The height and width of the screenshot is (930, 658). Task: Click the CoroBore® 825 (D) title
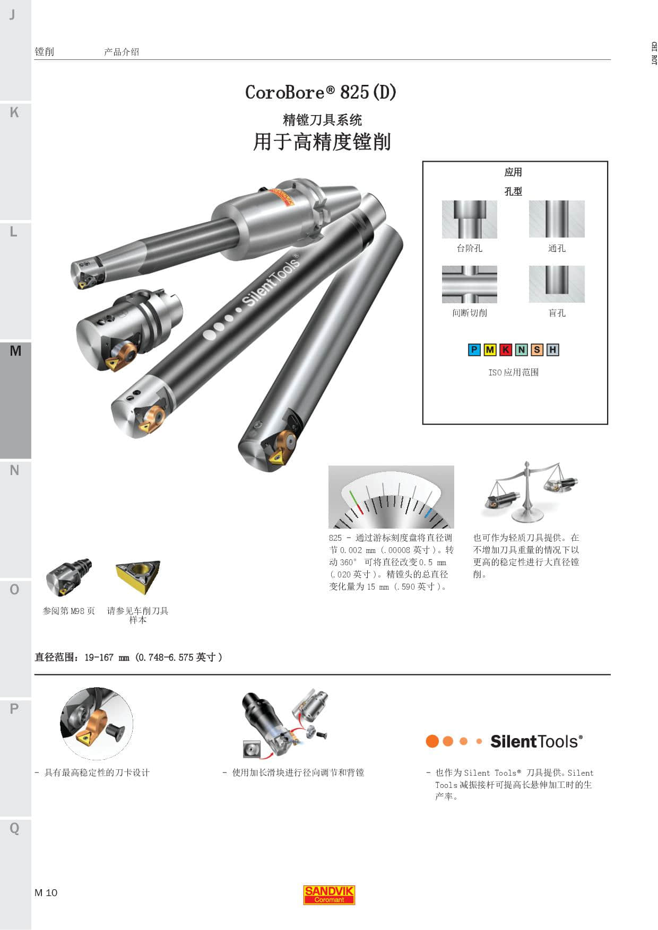(x=321, y=92)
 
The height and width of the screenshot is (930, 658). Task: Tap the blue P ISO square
(x=474, y=349)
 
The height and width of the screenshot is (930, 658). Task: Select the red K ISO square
(x=506, y=349)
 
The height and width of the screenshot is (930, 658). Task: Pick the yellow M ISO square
(x=490, y=349)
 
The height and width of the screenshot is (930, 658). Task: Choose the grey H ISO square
(x=553, y=349)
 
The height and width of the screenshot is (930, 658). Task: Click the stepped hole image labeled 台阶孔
(x=470, y=219)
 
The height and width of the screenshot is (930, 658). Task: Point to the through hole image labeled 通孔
(x=557, y=219)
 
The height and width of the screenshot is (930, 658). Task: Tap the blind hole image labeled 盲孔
(x=557, y=284)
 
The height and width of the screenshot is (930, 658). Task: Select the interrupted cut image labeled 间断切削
(x=470, y=284)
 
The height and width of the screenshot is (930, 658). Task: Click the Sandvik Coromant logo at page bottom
(x=329, y=895)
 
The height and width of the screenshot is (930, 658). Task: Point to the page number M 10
(x=46, y=892)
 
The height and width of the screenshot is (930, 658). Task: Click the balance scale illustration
(x=529, y=492)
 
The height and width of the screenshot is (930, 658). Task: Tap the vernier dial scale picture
(x=391, y=497)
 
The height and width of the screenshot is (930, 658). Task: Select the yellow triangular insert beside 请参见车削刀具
(x=138, y=577)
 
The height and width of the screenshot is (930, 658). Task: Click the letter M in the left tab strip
(x=15, y=350)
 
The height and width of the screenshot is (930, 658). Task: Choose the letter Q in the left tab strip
(x=14, y=828)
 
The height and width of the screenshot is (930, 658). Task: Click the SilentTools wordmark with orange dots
(x=504, y=741)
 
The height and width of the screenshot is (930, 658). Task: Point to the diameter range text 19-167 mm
(x=107, y=657)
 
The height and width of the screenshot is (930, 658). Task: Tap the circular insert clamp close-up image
(x=97, y=724)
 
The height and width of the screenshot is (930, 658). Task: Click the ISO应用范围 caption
(x=514, y=372)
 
